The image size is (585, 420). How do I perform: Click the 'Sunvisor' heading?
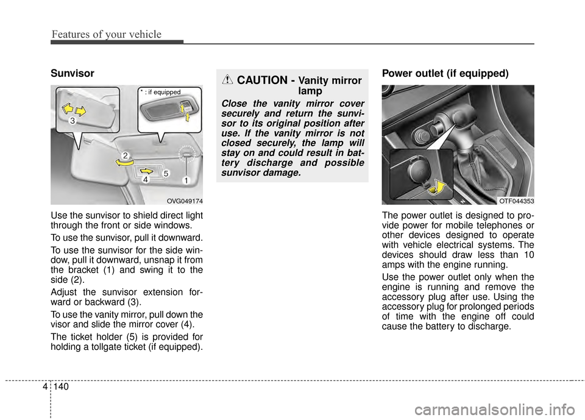73,74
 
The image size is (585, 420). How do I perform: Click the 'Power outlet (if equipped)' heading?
445,74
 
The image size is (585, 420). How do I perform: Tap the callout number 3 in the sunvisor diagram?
73,122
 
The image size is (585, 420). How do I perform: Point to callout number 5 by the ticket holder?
165,174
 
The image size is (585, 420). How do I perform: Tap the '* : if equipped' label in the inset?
160,92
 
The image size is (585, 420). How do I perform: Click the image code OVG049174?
185,201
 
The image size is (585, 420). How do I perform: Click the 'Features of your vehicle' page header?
106,34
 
